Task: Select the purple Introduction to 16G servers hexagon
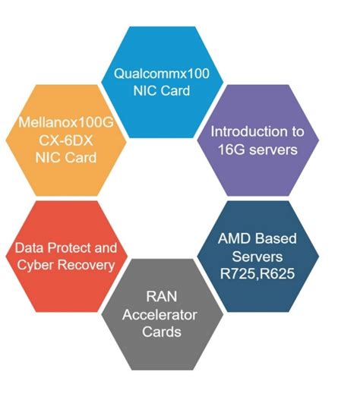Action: click(254, 140)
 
